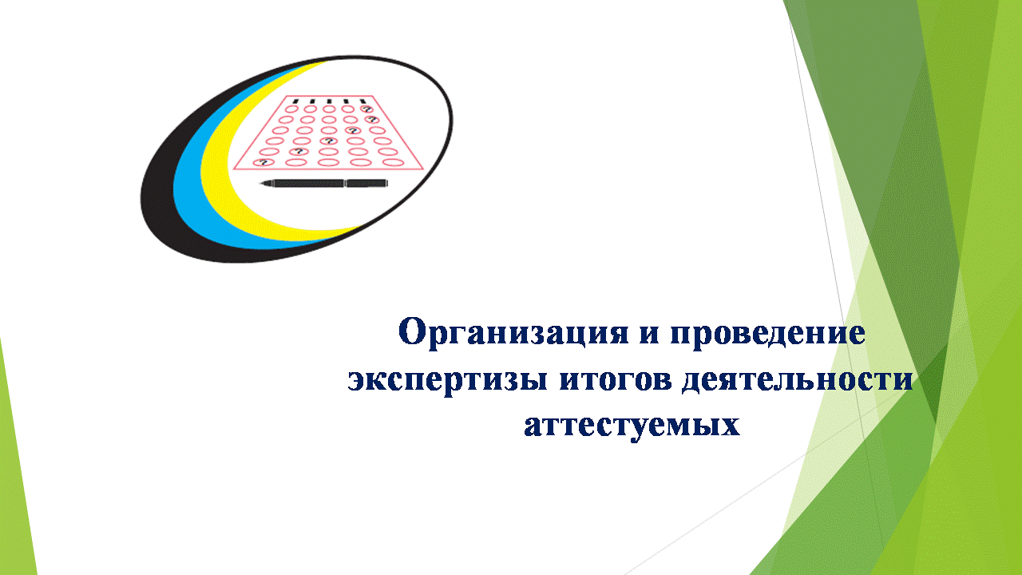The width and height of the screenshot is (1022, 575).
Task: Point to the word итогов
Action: (616, 379)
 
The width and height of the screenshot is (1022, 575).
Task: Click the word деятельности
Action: (798, 379)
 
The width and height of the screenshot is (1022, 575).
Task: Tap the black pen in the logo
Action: (323, 184)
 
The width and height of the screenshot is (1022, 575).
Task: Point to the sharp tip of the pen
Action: (260, 184)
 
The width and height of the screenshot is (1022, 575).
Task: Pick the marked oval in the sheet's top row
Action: (366, 109)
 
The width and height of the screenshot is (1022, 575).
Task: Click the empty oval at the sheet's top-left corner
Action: (291, 109)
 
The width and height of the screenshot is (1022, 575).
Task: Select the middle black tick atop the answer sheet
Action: (329, 101)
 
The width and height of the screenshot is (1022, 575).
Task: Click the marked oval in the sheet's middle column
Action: (328, 141)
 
